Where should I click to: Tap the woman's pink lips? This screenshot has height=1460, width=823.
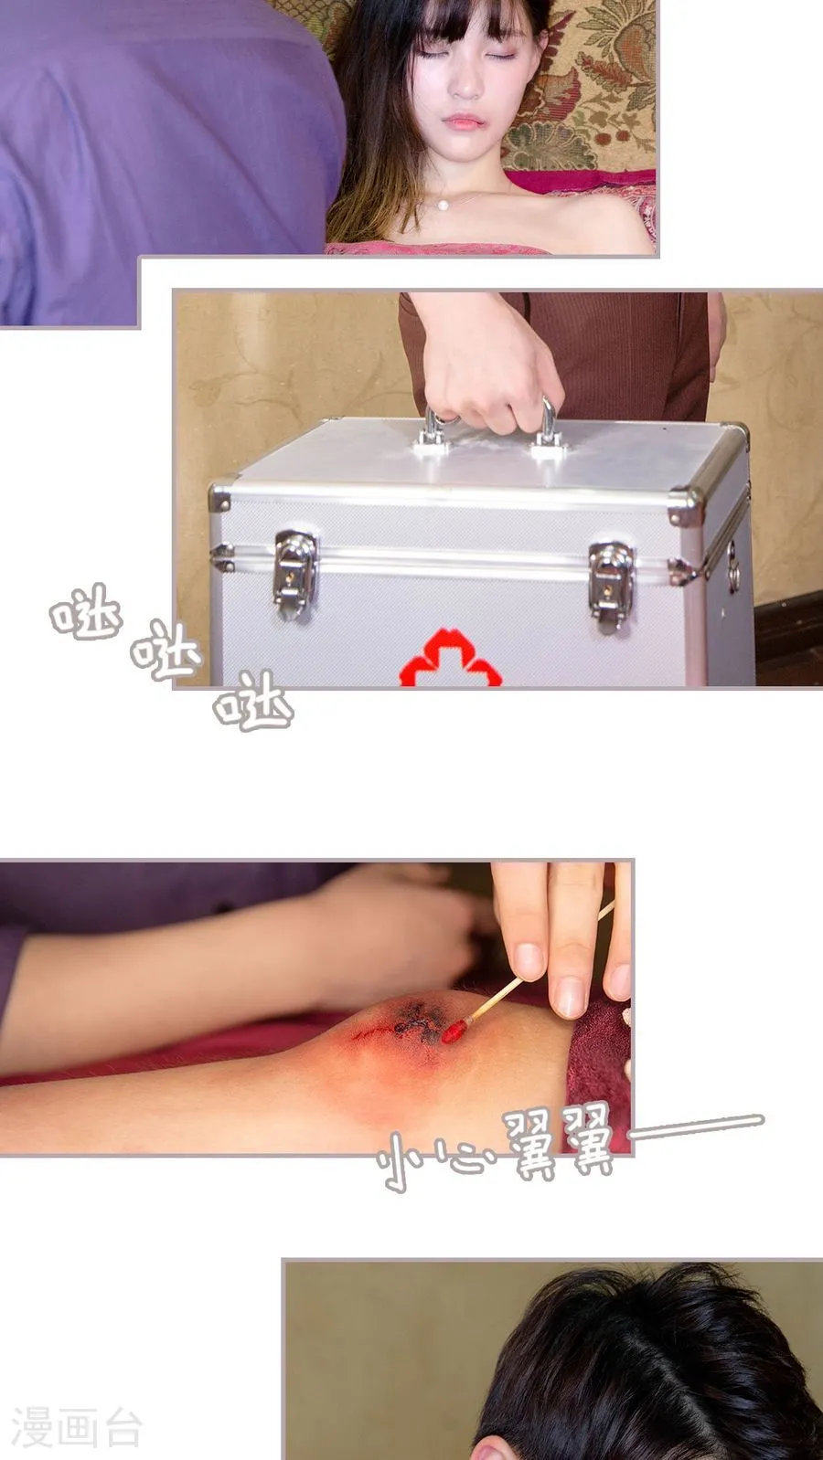463,122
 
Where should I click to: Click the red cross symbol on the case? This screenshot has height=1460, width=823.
451,659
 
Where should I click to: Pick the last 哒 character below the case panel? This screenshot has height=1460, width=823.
253,701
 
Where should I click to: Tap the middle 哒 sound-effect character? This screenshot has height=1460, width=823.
165,651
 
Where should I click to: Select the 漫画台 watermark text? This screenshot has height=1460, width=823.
77,1427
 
